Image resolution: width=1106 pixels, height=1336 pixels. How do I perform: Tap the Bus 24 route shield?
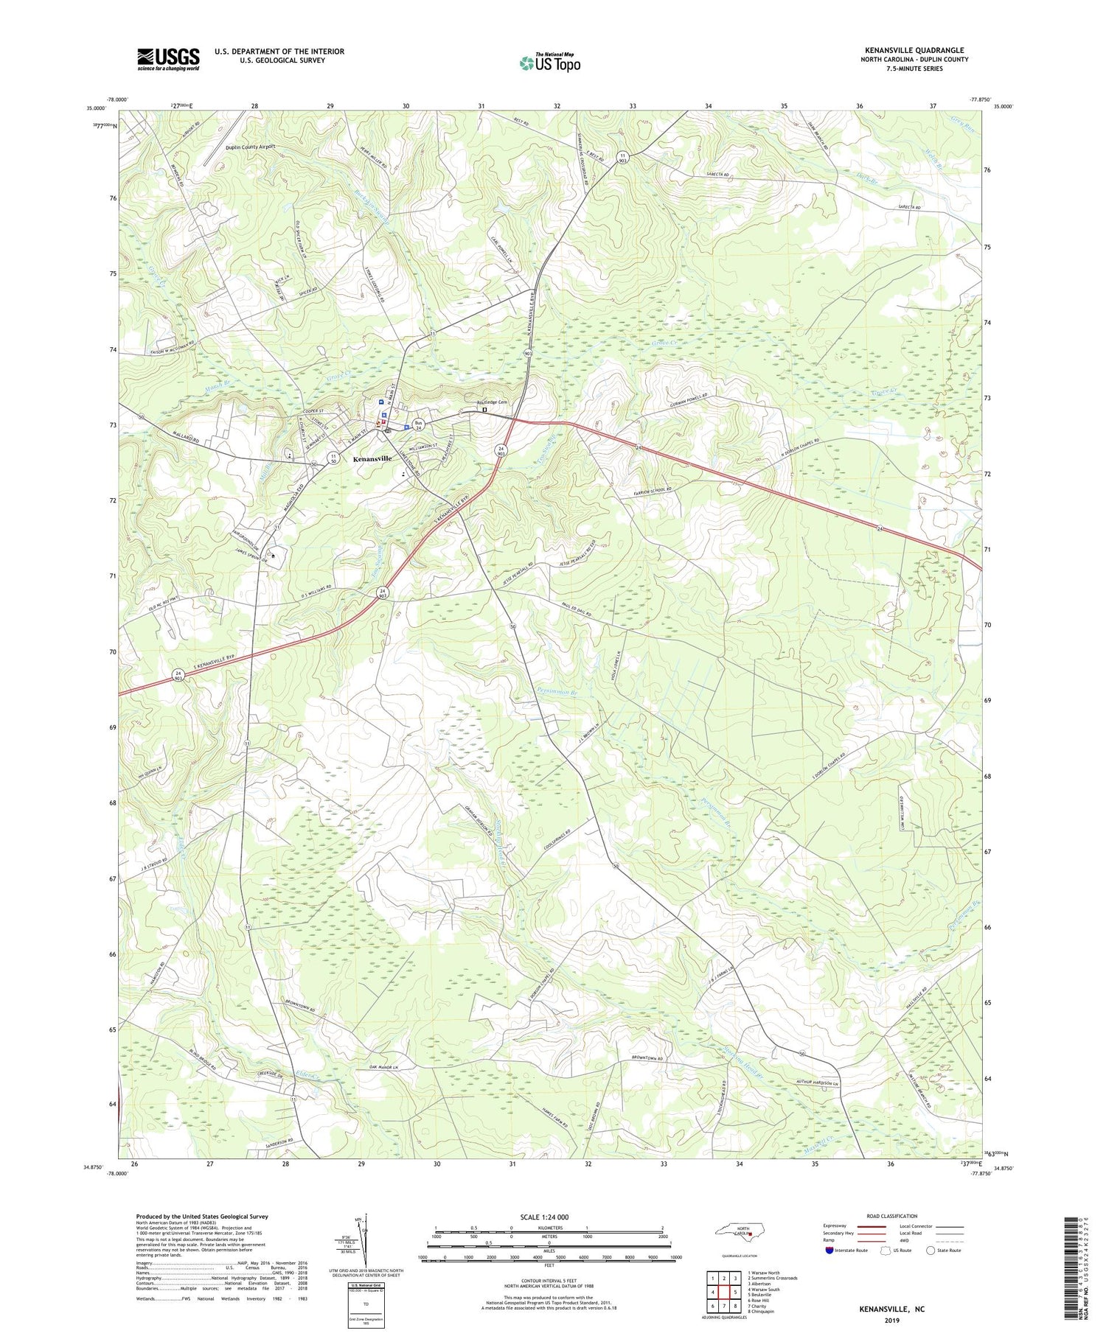point(418,424)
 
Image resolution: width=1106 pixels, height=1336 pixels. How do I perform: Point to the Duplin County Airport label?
point(250,147)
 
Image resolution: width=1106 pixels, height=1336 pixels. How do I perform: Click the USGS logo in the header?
point(168,60)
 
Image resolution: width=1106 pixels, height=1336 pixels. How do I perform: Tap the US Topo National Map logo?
point(549,63)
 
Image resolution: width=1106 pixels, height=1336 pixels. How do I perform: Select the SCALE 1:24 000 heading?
point(549,1217)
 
